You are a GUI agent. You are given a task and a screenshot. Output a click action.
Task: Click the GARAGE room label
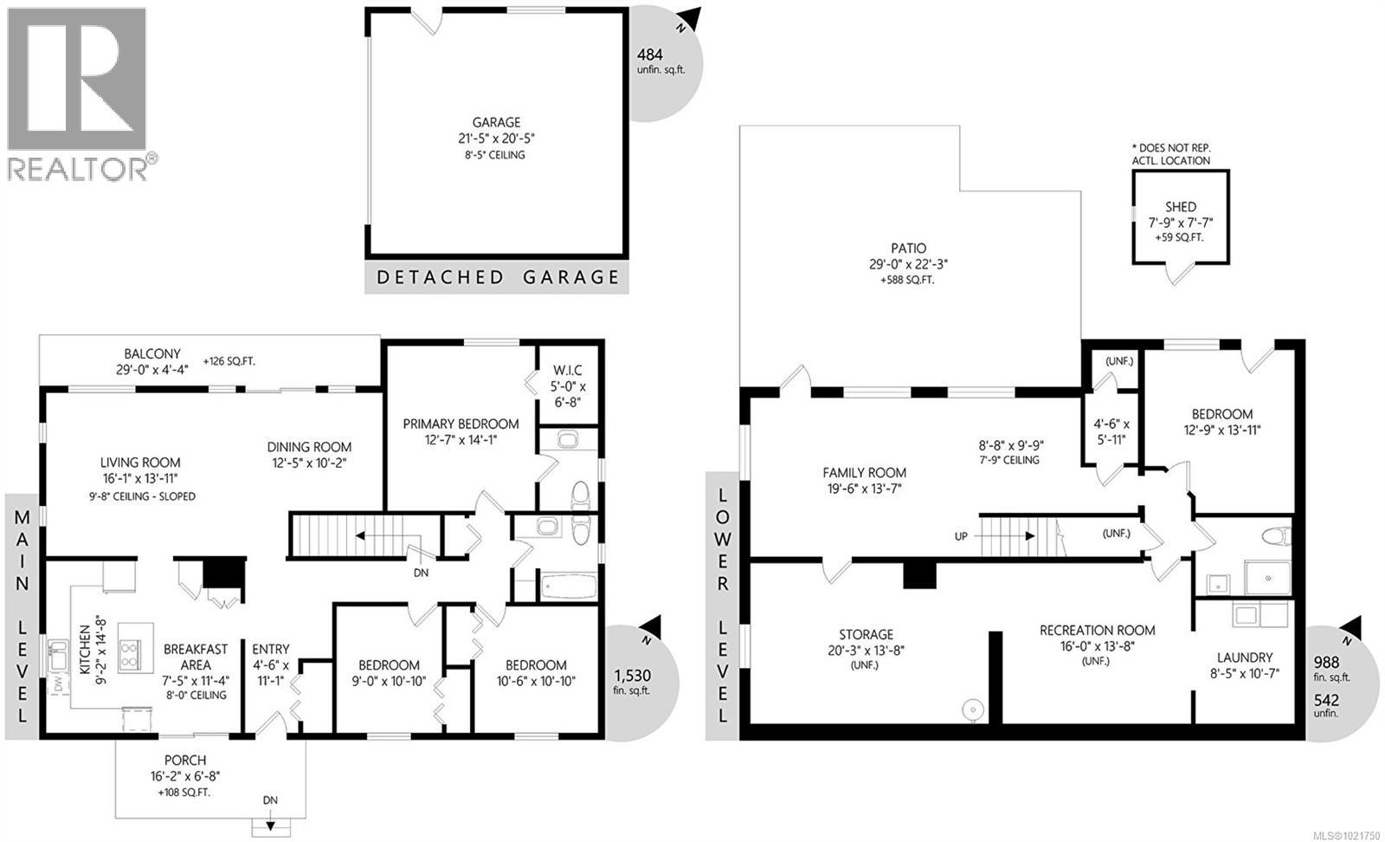pyautogui.click(x=496, y=123)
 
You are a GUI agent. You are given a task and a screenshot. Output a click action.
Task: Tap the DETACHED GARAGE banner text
pyautogui.click(x=497, y=277)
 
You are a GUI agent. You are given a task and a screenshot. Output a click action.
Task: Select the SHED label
pyautogui.click(x=1181, y=207)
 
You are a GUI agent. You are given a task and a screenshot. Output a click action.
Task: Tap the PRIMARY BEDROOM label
pyautogui.click(x=461, y=424)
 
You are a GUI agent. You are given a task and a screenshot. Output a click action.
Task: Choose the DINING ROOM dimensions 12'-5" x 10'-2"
pyautogui.click(x=309, y=462)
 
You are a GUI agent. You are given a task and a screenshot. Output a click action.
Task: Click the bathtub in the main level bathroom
pyautogui.click(x=568, y=586)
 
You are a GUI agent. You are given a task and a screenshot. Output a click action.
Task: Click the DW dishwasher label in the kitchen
pyautogui.click(x=58, y=684)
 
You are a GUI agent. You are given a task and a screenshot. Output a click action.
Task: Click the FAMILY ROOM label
pyautogui.click(x=864, y=473)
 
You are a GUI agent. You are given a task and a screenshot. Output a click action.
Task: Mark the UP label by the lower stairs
pyautogui.click(x=961, y=536)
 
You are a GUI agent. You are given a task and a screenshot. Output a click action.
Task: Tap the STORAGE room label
pyautogui.click(x=866, y=635)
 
